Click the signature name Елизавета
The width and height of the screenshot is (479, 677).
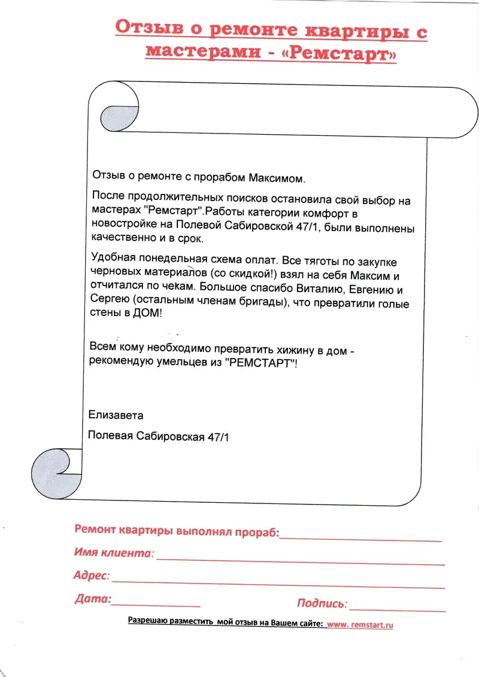click(x=116, y=415)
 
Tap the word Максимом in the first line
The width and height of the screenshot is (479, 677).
click(x=277, y=178)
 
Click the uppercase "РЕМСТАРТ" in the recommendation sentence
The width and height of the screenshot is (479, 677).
click(x=262, y=363)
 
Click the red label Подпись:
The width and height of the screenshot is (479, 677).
click(x=321, y=603)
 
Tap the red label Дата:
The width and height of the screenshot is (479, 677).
click(x=93, y=598)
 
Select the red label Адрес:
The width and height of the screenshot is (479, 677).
click(x=92, y=576)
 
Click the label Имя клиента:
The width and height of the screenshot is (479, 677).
click(x=114, y=552)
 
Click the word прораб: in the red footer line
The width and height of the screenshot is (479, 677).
click(x=258, y=531)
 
